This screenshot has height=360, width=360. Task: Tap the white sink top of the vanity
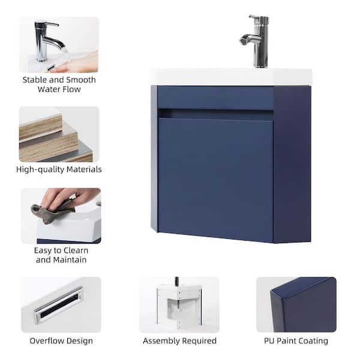point(231,76)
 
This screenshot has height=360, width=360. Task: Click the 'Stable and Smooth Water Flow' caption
point(59,85)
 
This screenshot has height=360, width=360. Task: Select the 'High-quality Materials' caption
point(59,169)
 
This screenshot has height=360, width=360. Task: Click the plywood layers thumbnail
point(59,134)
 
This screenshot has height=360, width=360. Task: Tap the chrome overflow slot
point(59,305)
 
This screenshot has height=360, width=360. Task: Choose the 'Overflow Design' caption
point(61,341)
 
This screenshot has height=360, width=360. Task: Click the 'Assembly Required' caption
point(179,341)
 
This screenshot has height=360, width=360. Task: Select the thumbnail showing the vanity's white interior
point(179,305)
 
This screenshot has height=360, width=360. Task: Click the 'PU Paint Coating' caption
point(296,341)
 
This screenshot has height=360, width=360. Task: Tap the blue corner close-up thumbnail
point(296,305)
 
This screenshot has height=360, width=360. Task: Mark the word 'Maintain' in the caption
point(70,260)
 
